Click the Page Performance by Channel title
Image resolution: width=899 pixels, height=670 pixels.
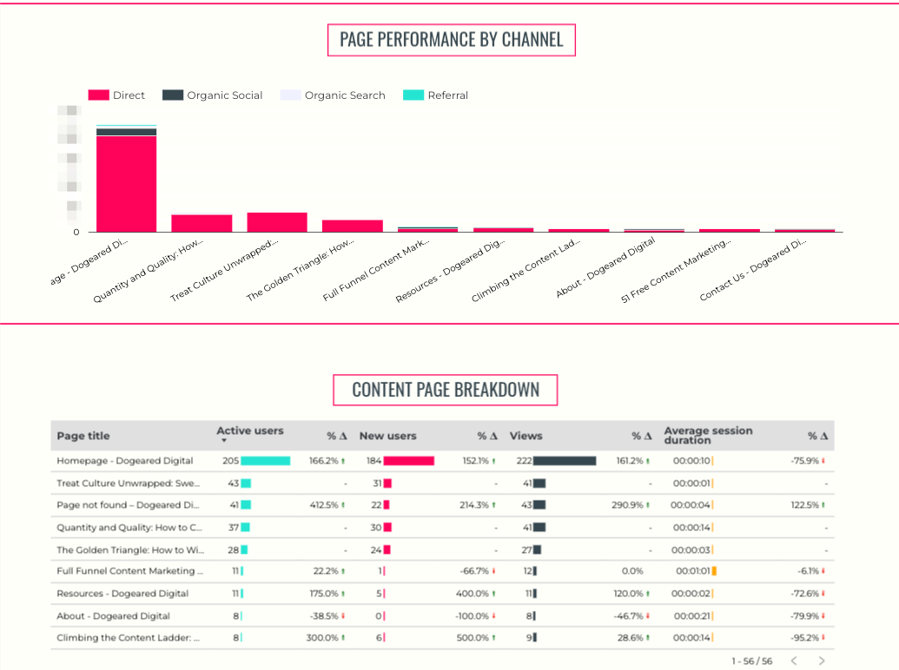pos(451,40)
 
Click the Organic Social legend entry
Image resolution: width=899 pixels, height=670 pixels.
pos(213,95)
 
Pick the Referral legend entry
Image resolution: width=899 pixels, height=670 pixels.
pos(436,95)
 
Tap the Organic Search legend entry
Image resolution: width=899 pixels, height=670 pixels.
pos(333,95)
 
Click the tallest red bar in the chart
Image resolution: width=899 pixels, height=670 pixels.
pos(126,183)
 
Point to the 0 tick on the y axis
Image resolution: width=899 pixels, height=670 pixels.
pos(76,232)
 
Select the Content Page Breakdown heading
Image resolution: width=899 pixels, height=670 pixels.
pos(445,391)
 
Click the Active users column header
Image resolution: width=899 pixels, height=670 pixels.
pos(250,431)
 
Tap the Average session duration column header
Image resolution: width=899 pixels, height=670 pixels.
pos(708,436)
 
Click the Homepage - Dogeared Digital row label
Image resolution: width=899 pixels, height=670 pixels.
pos(125,461)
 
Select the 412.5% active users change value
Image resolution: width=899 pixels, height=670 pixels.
pos(327,505)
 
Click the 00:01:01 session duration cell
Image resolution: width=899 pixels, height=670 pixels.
pos(692,571)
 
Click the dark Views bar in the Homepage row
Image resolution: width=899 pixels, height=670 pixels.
pos(565,461)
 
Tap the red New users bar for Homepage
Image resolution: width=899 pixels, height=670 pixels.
pos(408,461)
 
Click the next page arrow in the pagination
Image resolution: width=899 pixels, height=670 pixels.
pos(822,661)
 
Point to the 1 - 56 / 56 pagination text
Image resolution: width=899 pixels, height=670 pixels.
pos(752,661)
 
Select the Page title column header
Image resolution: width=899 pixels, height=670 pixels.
pos(83,436)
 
